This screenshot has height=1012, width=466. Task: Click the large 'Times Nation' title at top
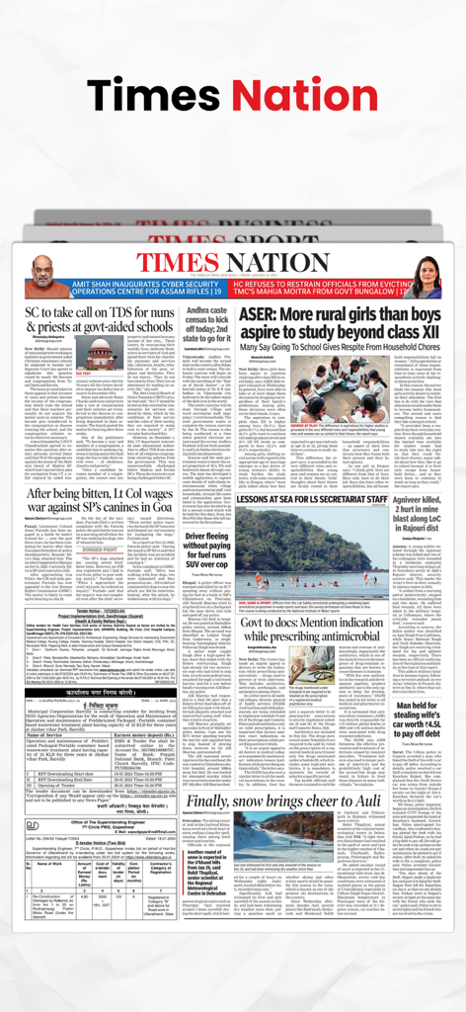pyautogui.click(x=232, y=96)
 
